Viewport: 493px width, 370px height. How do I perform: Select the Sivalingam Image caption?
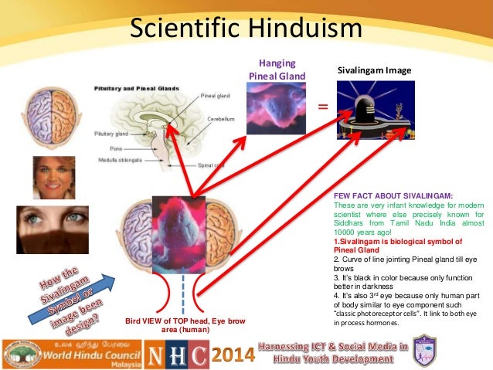[x=375, y=71]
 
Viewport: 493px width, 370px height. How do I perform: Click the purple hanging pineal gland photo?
[x=276, y=108]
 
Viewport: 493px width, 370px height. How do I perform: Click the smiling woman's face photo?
[x=54, y=177]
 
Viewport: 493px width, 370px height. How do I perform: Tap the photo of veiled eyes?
[x=53, y=229]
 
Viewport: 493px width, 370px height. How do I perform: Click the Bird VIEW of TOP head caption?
[x=171, y=324]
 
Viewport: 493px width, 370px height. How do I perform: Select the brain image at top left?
[x=51, y=115]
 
